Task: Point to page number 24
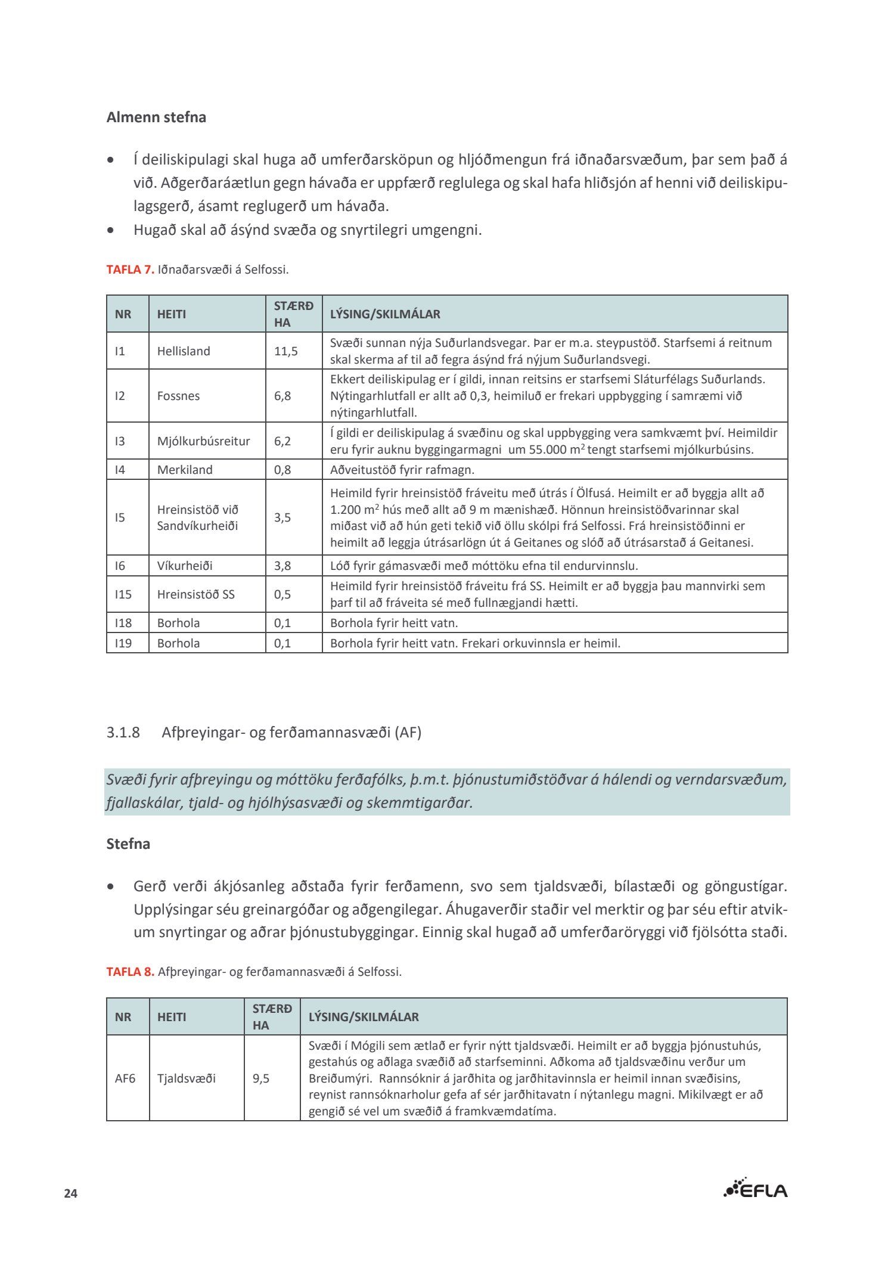click(x=71, y=1193)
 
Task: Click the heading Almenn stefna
click(x=156, y=117)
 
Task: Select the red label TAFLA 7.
click(x=130, y=269)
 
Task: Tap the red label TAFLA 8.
click(x=130, y=972)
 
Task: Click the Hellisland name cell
click(x=184, y=351)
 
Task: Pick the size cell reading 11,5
click(x=286, y=351)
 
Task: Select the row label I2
click(x=120, y=396)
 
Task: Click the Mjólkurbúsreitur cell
click(x=203, y=441)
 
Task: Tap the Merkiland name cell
click(x=185, y=470)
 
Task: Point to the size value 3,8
click(x=283, y=566)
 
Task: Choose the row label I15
click(x=123, y=594)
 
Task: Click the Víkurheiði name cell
click(x=185, y=566)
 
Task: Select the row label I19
click(x=123, y=643)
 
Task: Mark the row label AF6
click(x=125, y=1078)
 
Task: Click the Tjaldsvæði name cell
click(x=187, y=1078)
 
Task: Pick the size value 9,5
click(x=261, y=1078)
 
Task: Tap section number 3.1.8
click(x=123, y=732)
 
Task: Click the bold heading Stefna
click(x=128, y=844)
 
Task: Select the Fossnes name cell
click(x=178, y=396)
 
